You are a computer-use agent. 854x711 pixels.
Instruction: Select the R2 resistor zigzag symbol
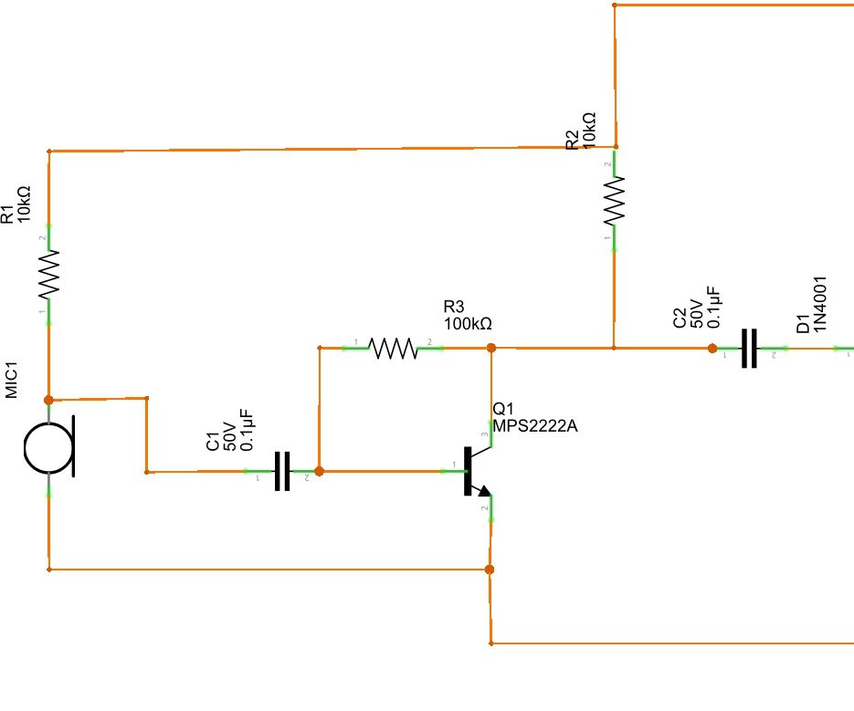615,203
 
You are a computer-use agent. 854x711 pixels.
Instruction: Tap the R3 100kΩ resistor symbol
394,348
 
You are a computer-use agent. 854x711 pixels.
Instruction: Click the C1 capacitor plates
282,471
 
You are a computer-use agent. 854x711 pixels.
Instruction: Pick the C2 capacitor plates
749,348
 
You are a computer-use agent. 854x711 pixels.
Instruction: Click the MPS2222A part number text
535,426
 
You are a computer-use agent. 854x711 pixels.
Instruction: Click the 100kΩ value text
469,323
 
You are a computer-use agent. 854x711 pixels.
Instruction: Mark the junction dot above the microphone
48,400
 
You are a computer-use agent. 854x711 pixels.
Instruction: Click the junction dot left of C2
712,348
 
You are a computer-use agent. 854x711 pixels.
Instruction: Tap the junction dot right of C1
319,471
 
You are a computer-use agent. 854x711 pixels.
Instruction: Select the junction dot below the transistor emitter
490,570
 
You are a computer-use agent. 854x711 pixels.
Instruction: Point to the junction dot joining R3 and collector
490,348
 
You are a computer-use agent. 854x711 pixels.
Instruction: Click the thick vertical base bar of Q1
468,471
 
